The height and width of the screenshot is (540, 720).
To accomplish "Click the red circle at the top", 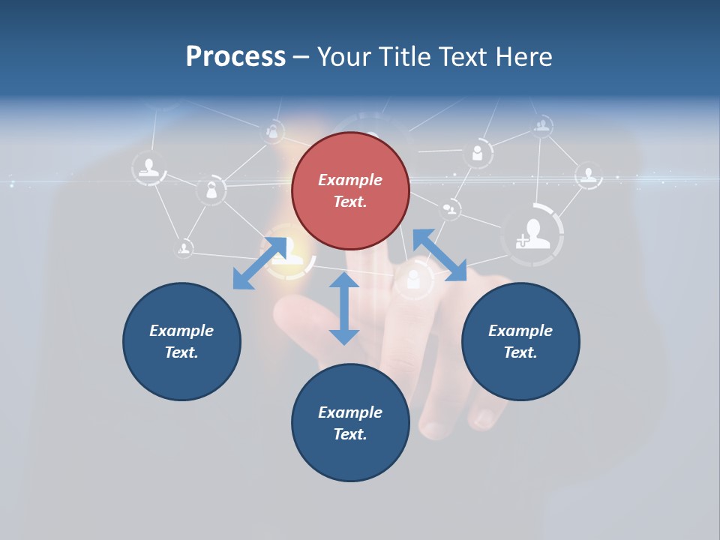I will point(350,190).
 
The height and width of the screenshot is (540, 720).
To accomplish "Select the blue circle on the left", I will point(181,341).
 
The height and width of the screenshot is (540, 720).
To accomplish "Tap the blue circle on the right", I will point(520,341).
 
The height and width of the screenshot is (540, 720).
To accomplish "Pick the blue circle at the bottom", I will point(350,423).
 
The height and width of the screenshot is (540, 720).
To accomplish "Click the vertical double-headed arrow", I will point(344,308).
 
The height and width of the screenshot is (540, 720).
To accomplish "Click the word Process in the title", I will point(235,56).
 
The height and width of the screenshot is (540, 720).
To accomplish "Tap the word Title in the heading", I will point(403,56).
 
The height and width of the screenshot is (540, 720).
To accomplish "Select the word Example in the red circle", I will point(350,180).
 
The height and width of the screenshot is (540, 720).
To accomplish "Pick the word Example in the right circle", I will point(520,331).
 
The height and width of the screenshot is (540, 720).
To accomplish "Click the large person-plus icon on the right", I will point(533,234).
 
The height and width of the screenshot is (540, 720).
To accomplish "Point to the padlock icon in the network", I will point(211,190).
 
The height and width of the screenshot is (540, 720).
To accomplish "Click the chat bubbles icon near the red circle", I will point(451,208).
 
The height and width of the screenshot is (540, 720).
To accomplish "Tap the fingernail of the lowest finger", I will point(434,428).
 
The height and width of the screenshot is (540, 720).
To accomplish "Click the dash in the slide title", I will point(301,58).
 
